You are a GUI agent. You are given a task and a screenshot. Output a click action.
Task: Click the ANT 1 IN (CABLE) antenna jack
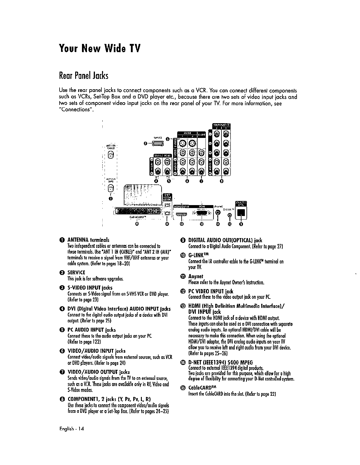110,155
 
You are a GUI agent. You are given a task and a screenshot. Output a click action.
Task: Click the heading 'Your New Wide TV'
99,48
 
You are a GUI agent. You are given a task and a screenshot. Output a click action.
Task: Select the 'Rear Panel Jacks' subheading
84,76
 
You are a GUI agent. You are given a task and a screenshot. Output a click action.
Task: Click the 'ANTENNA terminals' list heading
88,240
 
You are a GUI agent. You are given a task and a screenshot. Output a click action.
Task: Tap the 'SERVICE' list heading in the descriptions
76,272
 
